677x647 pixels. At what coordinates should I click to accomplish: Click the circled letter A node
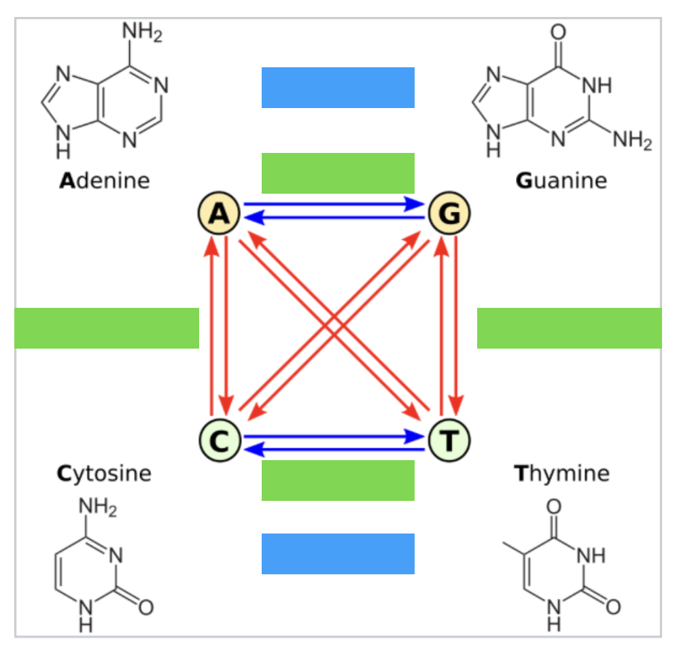[x=219, y=213]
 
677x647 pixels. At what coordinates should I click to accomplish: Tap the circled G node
[x=449, y=213]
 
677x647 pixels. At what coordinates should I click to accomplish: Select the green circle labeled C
[x=220, y=440]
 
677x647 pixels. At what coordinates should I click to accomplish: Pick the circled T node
[x=449, y=440]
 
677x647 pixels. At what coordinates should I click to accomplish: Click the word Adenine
[x=105, y=180]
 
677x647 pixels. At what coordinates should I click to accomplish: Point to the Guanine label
[x=561, y=180]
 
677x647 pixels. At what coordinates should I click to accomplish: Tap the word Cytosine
[x=104, y=474]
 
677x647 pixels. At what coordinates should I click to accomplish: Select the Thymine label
[x=561, y=474]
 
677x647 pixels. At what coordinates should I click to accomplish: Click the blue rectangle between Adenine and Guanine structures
[x=338, y=88]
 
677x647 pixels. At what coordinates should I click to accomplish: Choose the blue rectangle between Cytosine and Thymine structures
[x=338, y=554]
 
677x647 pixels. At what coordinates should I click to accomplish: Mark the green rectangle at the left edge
[x=107, y=328]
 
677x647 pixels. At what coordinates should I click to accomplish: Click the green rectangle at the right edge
[x=570, y=328]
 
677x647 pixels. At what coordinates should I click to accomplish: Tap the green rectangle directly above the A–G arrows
[x=338, y=173]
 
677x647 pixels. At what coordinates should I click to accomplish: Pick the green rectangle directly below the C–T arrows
[x=338, y=480]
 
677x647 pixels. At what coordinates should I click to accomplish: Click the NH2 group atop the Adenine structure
[x=143, y=33]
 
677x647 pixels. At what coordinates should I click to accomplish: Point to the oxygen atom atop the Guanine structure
[x=558, y=32]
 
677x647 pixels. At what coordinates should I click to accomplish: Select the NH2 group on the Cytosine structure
[x=98, y=507]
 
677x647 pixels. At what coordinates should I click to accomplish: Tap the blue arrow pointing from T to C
[x=334, y=450]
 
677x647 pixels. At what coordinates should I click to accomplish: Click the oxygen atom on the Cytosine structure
[x=146, y=608]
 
